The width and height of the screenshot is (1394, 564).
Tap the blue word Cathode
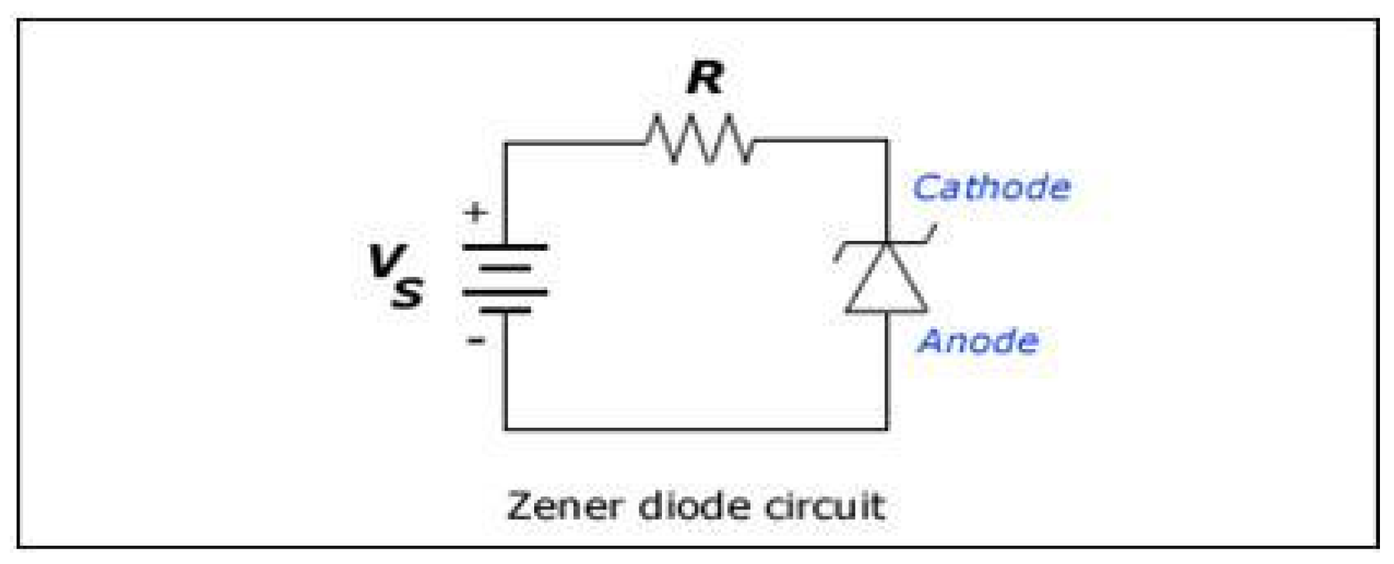991,188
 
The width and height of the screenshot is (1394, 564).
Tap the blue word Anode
978,341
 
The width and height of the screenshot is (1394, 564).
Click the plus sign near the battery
476,212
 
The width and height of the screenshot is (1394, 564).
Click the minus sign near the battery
476,341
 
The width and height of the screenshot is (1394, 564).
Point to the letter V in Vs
387,261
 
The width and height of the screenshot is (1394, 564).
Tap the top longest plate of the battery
505,247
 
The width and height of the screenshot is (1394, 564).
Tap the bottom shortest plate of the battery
505,310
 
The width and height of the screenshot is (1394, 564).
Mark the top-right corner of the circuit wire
887,141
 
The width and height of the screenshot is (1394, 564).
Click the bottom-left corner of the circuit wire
505,428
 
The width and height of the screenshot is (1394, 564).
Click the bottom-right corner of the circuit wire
887,428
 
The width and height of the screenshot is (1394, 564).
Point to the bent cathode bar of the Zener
886,243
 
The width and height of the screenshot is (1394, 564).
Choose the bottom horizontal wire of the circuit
695,428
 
